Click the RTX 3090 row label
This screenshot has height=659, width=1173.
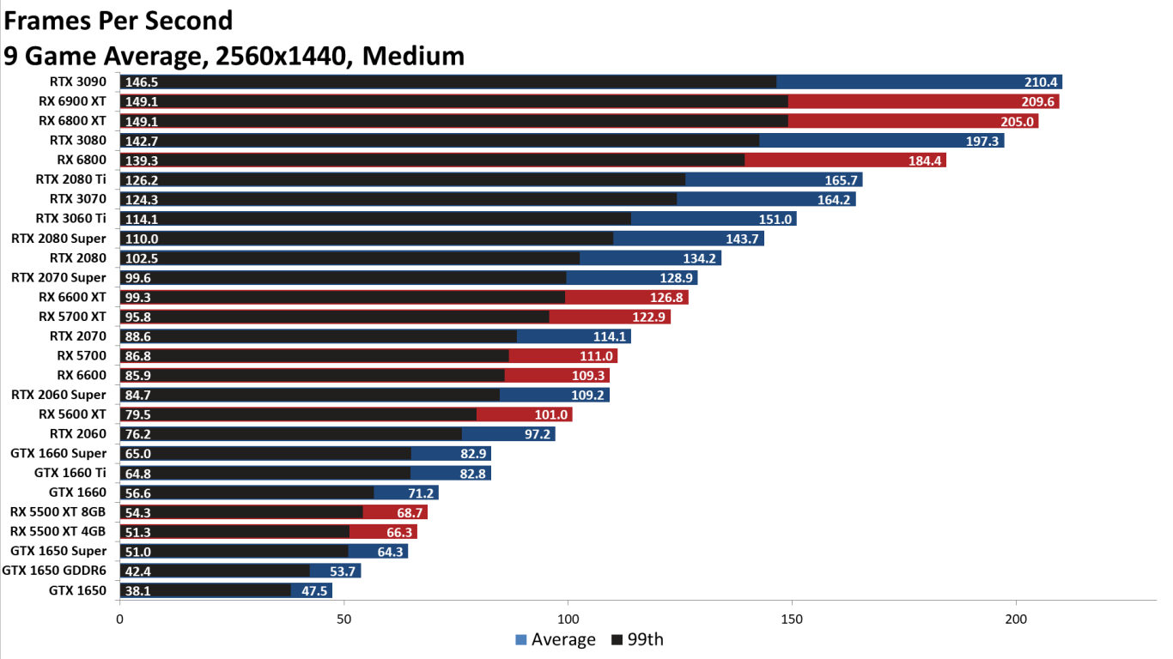[x=77, y=82]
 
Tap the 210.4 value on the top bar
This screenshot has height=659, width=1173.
[x=1041, y=82]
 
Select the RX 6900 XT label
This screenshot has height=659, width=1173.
[x=72, y=102]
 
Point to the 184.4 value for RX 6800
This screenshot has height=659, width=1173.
[x=925, y=160]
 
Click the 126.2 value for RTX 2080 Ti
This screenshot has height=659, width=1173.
[x=142, y=180]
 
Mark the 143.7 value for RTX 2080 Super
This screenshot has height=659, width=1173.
[x=743, y=239]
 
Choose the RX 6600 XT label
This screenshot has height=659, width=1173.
[x=72, y=297]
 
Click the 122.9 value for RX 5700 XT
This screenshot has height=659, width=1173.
[x=649, y=317]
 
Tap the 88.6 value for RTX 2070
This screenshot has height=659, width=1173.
[x=138, y=336]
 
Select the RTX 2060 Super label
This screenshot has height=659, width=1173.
[x=58, y=395]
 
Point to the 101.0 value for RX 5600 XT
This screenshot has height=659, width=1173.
[x=551, y=414]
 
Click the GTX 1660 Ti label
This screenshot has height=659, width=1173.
[x=70, y=473]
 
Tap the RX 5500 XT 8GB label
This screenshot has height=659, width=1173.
[x=58, y=512]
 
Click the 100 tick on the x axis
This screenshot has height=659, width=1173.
[x=568, y=619]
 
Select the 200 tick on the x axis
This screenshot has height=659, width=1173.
[x=1016, y=619]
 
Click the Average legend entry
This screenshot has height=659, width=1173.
[x=555, y=639]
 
